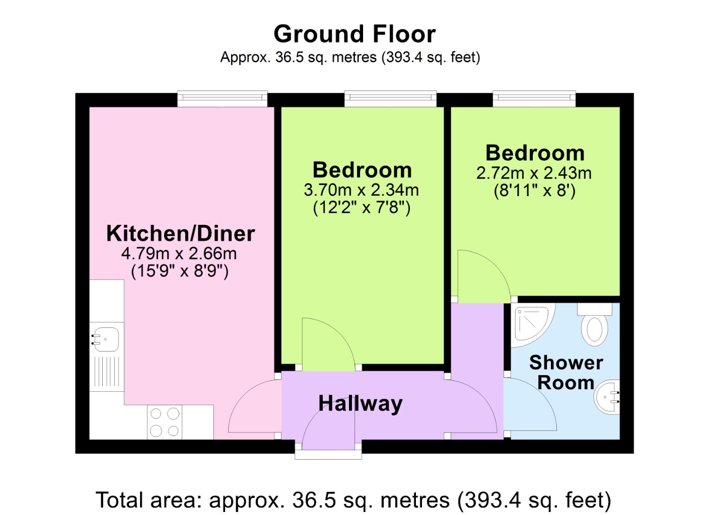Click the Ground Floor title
click(354, 34)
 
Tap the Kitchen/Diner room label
click(180, 234)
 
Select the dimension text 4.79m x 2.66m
click(179, 253)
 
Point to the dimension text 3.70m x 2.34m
click(362, 190)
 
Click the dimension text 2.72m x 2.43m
click(534, 173)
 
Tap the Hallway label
click(360, 404)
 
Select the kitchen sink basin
click(106, 339)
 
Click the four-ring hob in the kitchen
click(165, 422)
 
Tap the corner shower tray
click(533, 325)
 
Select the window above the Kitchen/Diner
click(222, 99)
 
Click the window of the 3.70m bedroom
click(391, 99)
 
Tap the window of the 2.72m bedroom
click(534, 99)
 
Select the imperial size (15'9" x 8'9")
click(179, 271)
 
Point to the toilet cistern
click(594, 309)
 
